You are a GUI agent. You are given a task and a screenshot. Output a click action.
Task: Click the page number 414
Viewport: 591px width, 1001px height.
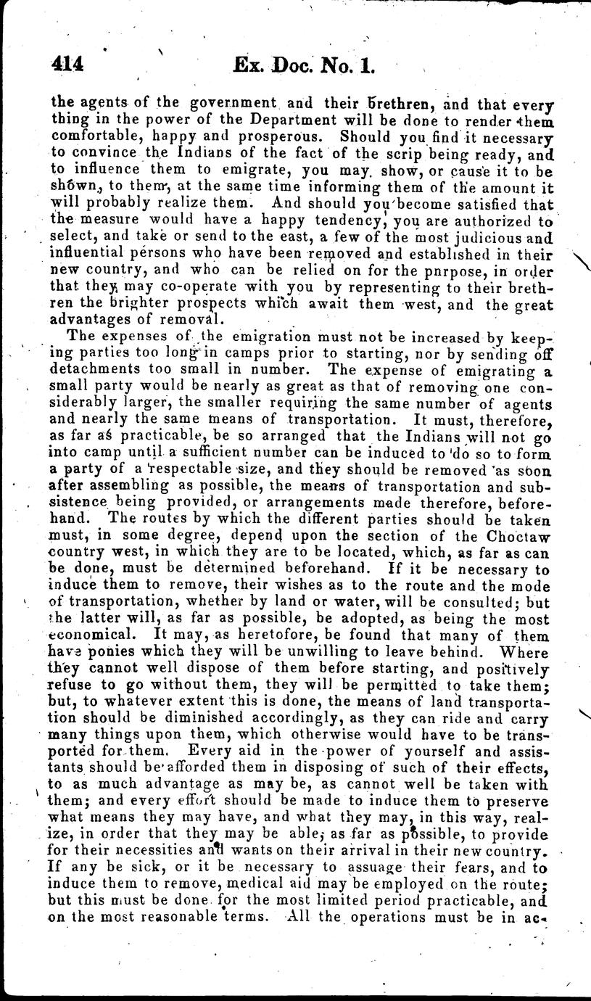68,66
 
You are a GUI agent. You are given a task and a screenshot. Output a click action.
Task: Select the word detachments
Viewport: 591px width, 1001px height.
94,368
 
